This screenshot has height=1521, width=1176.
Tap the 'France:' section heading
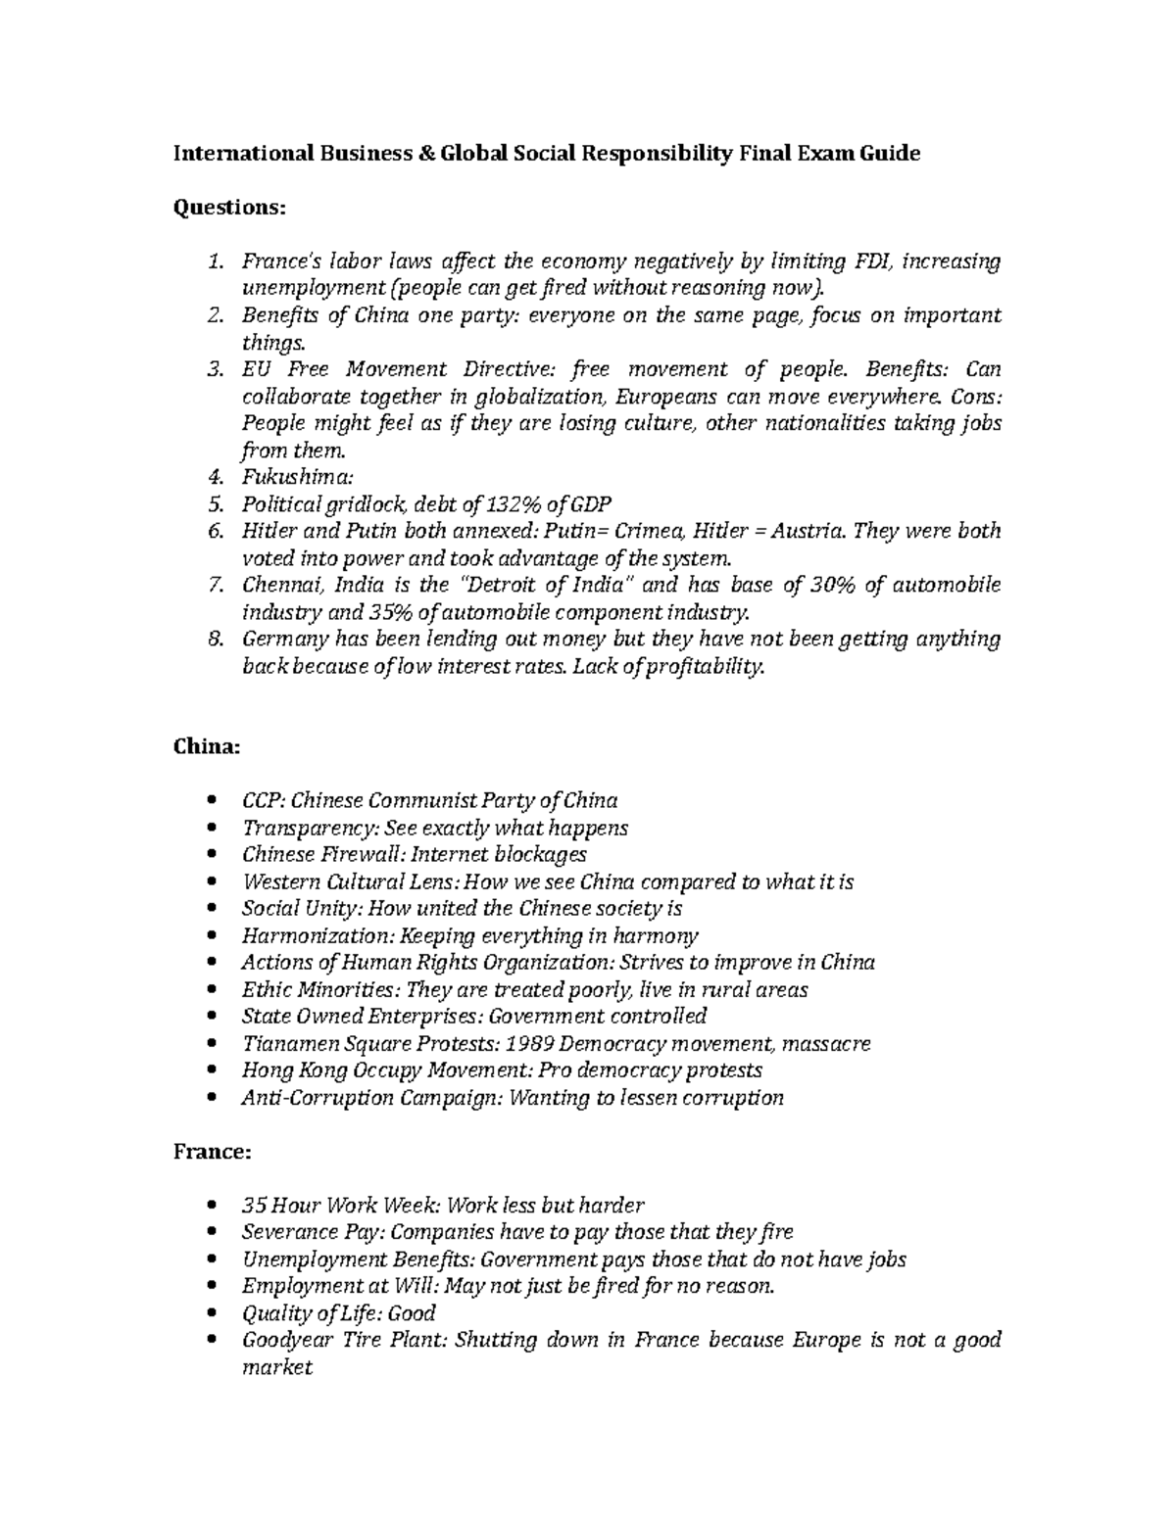pos(212,1152)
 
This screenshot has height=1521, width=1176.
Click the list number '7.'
pos(215,586)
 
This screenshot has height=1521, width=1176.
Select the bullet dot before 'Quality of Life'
pos(216,1314)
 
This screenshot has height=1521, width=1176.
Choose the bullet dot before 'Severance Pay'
pos(216,1233)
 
